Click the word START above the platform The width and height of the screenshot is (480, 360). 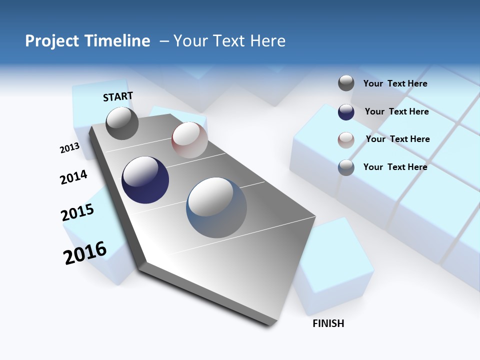(118, 96)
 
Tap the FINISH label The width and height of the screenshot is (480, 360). (328, 323)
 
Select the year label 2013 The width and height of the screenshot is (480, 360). (69, 148)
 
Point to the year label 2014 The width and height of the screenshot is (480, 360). (73, 177)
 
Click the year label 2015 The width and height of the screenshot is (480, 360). (77, 212)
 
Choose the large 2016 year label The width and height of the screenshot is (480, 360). (85, 252)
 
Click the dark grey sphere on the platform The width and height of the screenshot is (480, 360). (122, 123)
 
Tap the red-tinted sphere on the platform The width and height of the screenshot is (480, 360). (189, 139)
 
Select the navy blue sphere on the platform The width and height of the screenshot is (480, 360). (145, 180)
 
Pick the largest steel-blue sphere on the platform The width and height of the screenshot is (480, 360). (216, 207)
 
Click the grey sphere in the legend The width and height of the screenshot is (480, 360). (346, 83)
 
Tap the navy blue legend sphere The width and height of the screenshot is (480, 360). (346, 112)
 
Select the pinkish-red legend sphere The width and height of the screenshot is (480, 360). (346, 140)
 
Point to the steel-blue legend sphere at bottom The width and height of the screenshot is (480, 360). (346, 167)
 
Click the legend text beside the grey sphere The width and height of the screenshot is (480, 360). (395, 83)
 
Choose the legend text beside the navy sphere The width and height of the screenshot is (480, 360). (396, 111)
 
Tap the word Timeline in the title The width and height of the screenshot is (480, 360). (120, 40)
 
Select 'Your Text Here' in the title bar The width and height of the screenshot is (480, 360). (229, 40)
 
